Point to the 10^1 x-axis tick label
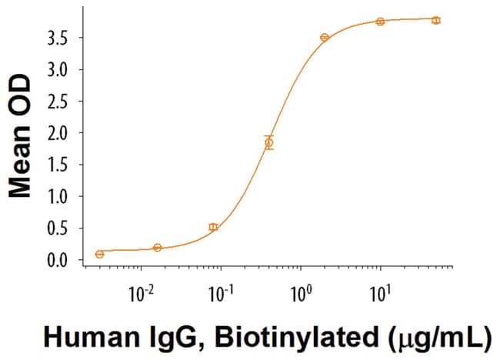coord(380,293)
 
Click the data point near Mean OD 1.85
coord(268,142)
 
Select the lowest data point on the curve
coord(99,254)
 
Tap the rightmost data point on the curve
coord(436,20)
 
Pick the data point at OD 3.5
coord(325,37)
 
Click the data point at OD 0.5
coord(213,227)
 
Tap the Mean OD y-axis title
coord(21,137)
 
